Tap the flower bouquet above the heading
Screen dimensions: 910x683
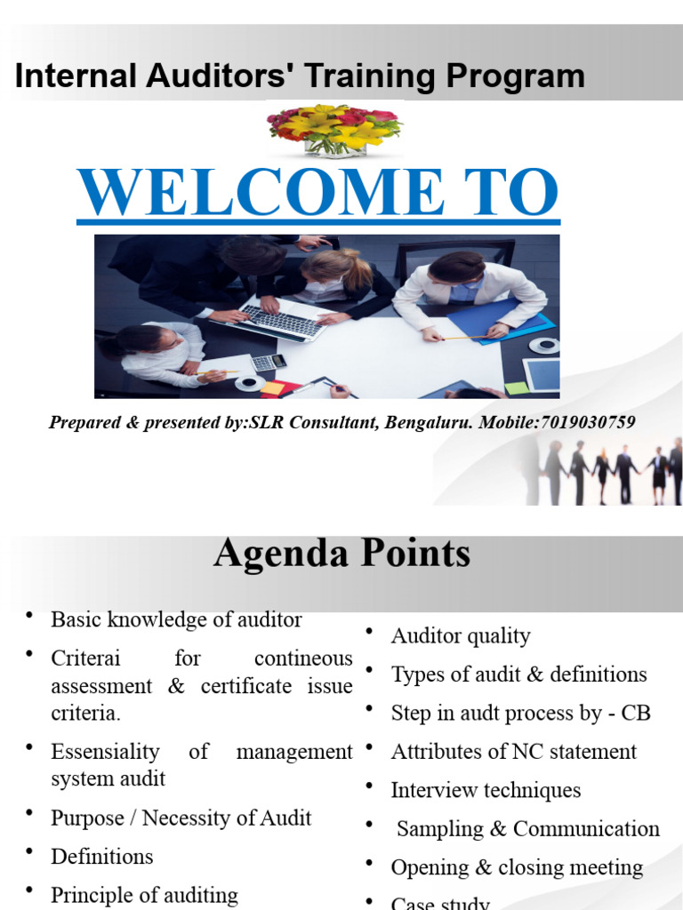pos(334,129)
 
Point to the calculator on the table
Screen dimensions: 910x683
pos(268,362)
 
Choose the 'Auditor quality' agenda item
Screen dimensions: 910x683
pos(460,636)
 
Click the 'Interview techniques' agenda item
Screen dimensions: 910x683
pos(486,790)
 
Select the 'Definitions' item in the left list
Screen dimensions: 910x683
pos(102,857)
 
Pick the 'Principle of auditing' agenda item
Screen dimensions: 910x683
pos(144,895)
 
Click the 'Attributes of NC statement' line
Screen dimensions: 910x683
pos(513,752)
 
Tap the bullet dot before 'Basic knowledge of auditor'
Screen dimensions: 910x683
pos(30,615)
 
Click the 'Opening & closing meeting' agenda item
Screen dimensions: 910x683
pos(517,867)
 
